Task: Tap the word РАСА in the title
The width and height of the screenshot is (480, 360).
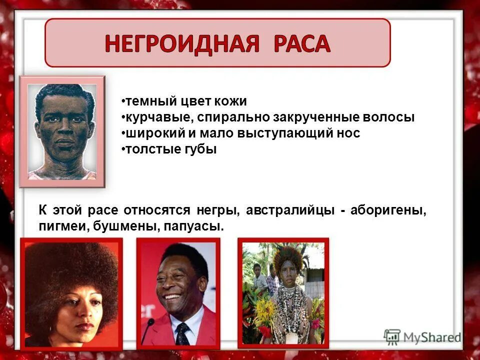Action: point(302,44)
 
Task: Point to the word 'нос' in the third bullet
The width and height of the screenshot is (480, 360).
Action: point(348,133)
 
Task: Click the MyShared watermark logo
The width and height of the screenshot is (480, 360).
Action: point(422,337)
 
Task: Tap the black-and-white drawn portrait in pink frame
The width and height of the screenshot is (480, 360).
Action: point(62,131)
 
